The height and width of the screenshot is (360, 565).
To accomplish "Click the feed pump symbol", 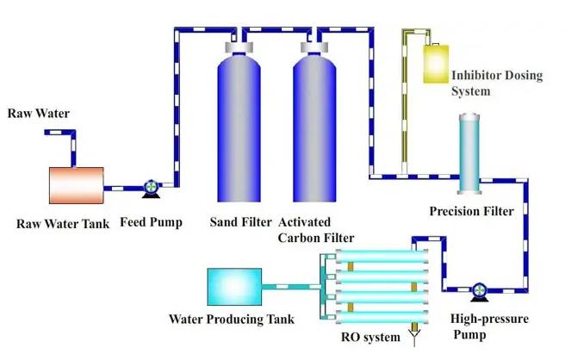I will click(x=151, y=186).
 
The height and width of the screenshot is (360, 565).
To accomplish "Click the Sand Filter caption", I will click(x=241, y=223).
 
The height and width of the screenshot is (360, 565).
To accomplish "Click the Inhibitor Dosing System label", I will click(x=497, y=83).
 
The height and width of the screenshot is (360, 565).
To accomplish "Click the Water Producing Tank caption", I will click(x=234, y=320).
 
